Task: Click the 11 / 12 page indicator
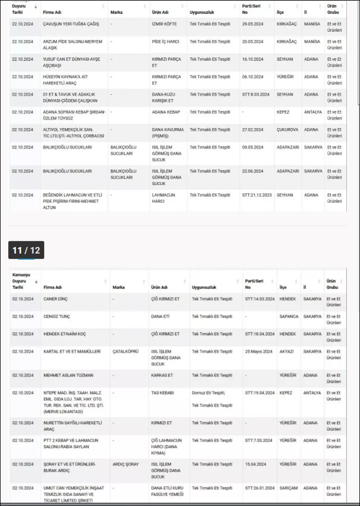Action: click(x=26, y=250)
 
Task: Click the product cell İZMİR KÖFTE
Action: click(x=164, y=24)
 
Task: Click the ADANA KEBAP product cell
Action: click(x=165, y=112)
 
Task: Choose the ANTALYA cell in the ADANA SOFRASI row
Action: click(x=313, y=112)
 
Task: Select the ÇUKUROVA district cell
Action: click(x=288, y=130)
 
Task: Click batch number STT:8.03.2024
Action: click(x=256, y=94)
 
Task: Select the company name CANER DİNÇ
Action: click(x=56, y=299)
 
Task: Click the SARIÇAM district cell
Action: click(x=289, y=488)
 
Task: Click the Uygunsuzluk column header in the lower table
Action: click(x=204, y=287)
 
